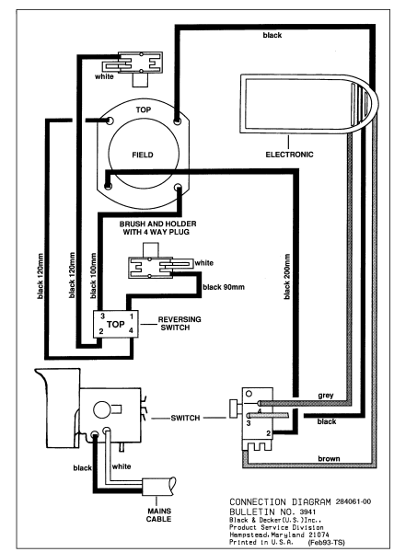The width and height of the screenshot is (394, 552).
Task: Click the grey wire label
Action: pos(324,396)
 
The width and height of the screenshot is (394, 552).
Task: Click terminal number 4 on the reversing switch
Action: pos(131,330)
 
